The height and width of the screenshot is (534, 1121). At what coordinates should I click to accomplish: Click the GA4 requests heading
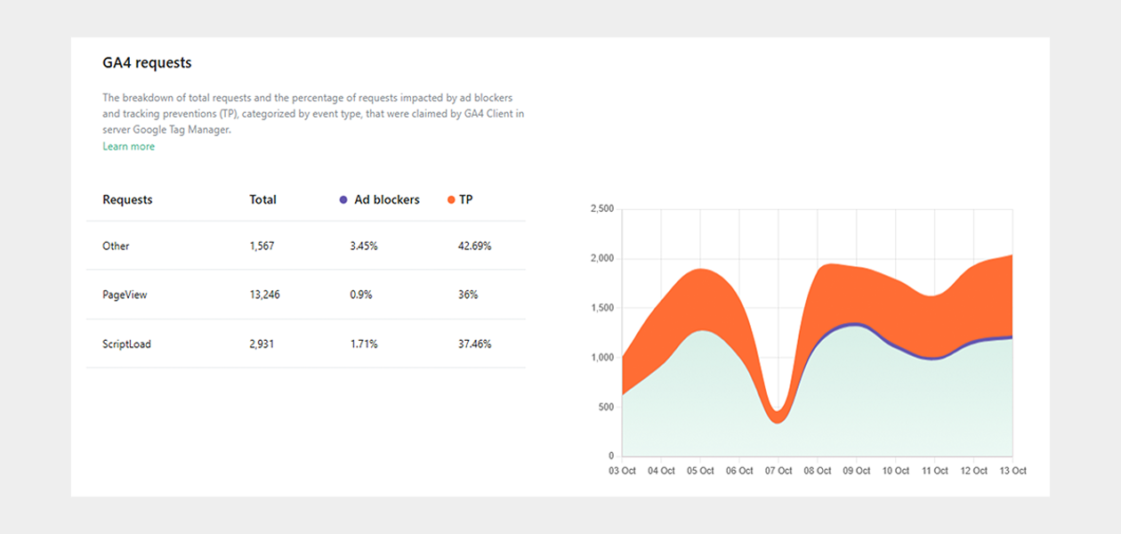click(x=147, y=62)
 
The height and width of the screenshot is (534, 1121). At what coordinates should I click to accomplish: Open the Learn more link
click(x=129, y=146)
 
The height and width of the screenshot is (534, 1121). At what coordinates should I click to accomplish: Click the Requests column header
click(x=127, y=199)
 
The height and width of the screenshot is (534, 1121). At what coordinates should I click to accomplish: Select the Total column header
click(x=262, y=199)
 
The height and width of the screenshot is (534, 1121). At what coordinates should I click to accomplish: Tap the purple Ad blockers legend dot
click(x=343, y=199)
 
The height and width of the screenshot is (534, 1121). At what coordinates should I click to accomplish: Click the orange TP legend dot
click(x=451, y=199)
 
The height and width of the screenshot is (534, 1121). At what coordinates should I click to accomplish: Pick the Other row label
click(x=116, y=246)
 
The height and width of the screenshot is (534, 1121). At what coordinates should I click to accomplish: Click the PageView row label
click(x=125, y=295)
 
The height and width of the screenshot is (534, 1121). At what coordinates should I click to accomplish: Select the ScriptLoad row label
click(x=126, y=344)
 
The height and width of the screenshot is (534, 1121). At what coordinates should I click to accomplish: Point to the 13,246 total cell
click(x=265, y=295)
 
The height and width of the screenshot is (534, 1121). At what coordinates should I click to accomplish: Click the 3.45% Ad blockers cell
click(x=364, y=246)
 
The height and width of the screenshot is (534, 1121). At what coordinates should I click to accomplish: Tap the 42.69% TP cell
click(x=474, y=246)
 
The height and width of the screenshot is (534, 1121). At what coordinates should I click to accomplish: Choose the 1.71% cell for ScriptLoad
click(x=364, y=344)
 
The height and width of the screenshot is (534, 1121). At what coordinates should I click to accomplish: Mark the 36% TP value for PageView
click(x=468, y=295)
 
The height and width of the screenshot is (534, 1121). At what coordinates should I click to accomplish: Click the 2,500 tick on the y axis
click(x=602, y=208)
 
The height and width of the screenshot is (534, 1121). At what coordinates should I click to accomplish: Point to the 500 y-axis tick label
click(x=606, y=407)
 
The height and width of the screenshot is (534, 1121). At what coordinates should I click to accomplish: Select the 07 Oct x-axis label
click(x=778, y=471)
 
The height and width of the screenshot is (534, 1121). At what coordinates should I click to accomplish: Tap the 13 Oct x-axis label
click(x=1012, y=471)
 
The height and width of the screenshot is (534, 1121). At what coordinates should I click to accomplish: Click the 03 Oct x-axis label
click(x=622, y=471)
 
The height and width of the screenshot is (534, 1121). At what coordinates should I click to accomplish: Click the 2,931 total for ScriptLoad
click(x=262, y=344)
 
